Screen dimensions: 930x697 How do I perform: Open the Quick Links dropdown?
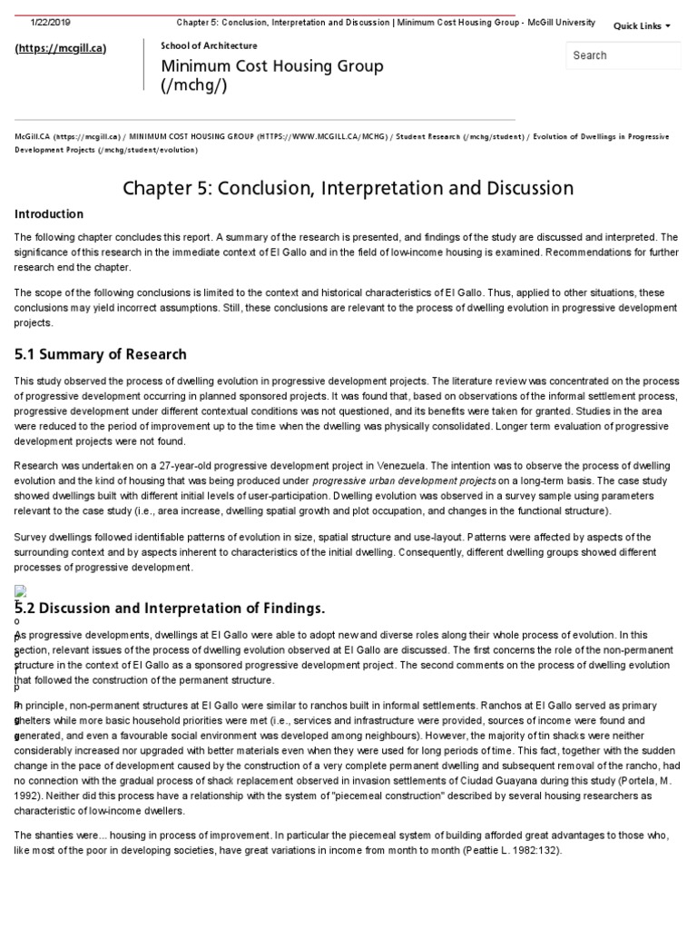(642, 25)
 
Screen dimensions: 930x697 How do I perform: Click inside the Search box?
(623, 55)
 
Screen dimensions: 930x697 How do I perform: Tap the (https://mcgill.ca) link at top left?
(61, 48)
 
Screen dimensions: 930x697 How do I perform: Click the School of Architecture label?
(209, 45)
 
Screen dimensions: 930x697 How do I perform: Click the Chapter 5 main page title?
(348, 188)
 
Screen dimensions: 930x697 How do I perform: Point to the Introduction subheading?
(49, 214)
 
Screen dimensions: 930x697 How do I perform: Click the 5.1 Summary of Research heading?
(100, 354)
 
